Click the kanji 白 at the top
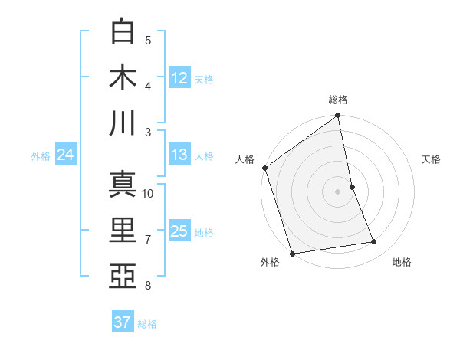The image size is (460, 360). tap(123, 33)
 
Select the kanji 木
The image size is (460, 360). tap(123, 78)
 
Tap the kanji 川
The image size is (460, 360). tap(123, 123)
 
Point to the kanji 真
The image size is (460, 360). tap(123, 185)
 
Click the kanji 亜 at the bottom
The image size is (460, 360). tap(123, 275)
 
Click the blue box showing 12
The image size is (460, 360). tap(179, 78)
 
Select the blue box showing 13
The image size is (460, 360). tap(179, 155)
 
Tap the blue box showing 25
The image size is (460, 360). tap(179, 231)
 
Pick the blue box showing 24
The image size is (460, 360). tap(65, 155)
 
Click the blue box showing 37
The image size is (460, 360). tap(123, 322)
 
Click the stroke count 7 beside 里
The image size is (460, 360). tap(148, 240)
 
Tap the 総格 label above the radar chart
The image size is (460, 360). tap(338, 100)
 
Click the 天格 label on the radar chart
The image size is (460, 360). tap(432, 159)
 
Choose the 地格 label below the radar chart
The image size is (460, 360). tap(402, 262)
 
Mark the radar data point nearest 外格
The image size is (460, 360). tap(292, 254)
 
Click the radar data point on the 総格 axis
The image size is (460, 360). tap(338, 116)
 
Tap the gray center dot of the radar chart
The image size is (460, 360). tap(338, 191)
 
